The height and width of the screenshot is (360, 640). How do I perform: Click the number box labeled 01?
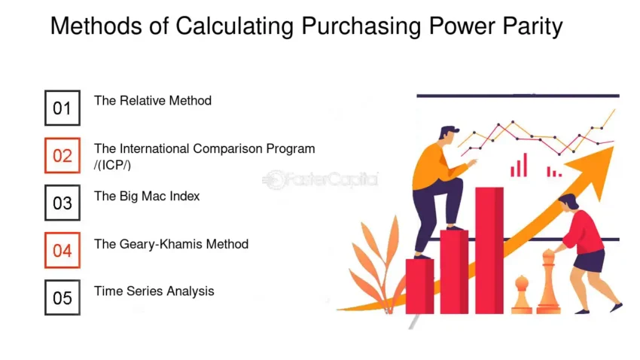click(62, 108)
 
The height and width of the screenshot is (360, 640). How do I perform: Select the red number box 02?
click(62, 155)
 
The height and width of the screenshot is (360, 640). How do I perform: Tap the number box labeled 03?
click(62, 203)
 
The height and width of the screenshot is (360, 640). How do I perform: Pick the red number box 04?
click(62, 250)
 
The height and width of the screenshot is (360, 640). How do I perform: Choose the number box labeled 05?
click(62, 297)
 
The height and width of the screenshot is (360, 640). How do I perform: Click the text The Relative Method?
click(153, 100)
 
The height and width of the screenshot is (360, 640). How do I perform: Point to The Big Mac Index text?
click(147, 196)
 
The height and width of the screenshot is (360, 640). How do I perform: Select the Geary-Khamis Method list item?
click(172, 244)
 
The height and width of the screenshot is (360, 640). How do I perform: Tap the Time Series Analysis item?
click(154, 291)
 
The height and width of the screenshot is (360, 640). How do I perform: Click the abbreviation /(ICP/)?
click(112, 165)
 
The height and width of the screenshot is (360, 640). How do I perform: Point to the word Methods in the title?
click(96, 26)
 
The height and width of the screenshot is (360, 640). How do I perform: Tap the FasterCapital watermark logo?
click(320, 179)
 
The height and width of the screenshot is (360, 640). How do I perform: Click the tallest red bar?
click(489, 251)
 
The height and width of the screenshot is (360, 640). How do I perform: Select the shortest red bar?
click(419, 286)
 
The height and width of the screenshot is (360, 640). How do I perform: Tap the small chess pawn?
click(522, 295)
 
